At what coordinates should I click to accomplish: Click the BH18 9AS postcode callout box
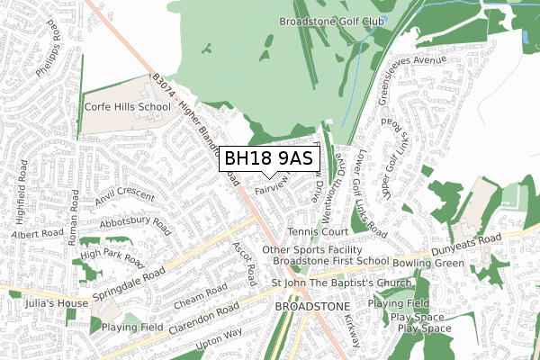(268, 158)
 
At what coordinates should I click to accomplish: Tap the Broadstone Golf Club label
(333, 21)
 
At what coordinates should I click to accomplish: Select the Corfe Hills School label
(127, 107)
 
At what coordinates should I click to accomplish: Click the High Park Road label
(112, 258)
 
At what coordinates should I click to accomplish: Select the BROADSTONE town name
(310, 306)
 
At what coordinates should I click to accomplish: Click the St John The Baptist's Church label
(341, 285)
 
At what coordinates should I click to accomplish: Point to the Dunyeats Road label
(489, 240)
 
